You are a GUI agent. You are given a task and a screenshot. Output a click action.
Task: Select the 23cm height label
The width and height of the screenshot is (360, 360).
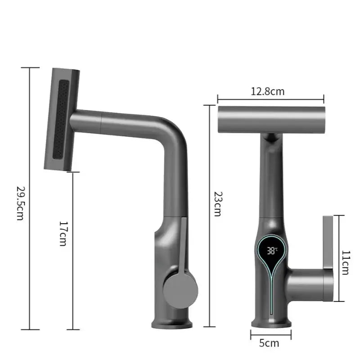coord(217,203)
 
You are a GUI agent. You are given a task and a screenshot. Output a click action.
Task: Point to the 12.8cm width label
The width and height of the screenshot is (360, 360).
coord(268,91)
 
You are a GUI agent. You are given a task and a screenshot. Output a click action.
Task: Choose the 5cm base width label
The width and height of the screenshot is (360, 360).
coord(269,343)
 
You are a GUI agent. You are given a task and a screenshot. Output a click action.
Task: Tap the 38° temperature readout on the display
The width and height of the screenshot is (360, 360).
coord(272,251)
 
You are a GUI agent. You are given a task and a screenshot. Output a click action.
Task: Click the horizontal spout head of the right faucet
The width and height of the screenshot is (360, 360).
coord(271,119)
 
